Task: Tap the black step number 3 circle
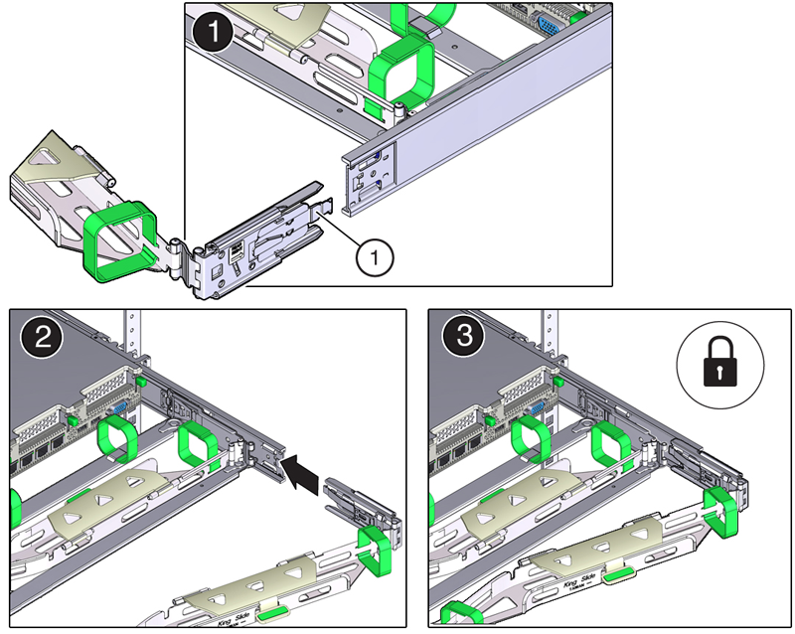click(x=457, y=338)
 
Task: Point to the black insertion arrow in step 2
click(x=302, y=471)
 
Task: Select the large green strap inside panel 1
click(x=402, y=72)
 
